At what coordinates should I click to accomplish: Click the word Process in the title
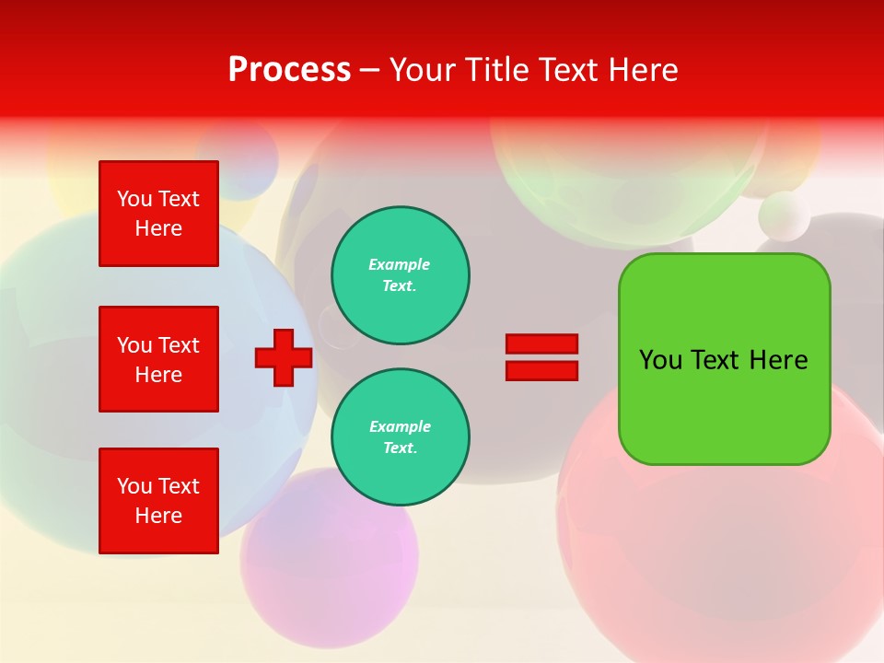[289, 70]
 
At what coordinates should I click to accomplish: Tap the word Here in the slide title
[641, 70]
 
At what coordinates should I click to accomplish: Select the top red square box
[158, 214]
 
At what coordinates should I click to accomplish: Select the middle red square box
[158, 359]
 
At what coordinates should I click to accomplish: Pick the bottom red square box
[158, 500]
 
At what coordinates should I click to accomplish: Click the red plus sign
[284, 357]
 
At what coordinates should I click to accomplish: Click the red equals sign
[541, 357]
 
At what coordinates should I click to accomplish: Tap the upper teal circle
[401, 275]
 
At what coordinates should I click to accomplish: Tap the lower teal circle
[401, 437]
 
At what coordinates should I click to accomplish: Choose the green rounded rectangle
[724, 405]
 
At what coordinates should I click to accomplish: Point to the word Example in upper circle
[400, 264]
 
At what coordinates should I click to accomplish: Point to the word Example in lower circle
[400, 426]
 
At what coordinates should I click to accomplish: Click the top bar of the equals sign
[541, 343]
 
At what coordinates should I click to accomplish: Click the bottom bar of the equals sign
[541, 370]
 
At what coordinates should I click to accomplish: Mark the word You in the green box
[660, 360]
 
